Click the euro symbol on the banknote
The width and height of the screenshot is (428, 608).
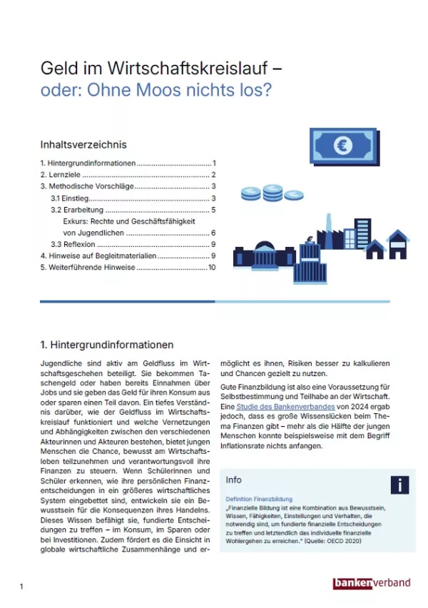tap(344, 146)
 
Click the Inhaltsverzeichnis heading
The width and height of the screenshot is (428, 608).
tap(83, 144)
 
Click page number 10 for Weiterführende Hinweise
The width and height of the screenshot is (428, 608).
tap(211, 268)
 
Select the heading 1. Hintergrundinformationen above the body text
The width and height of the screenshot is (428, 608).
tap(107, 345)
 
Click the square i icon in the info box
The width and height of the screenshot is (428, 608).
tap(399, 485)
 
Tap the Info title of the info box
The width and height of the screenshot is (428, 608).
tap(233, 480)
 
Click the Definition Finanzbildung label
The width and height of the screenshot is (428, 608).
tap(258, 499)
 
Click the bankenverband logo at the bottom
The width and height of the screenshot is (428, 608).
tap(372, 583)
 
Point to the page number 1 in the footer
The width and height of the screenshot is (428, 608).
tap(21, 587)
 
